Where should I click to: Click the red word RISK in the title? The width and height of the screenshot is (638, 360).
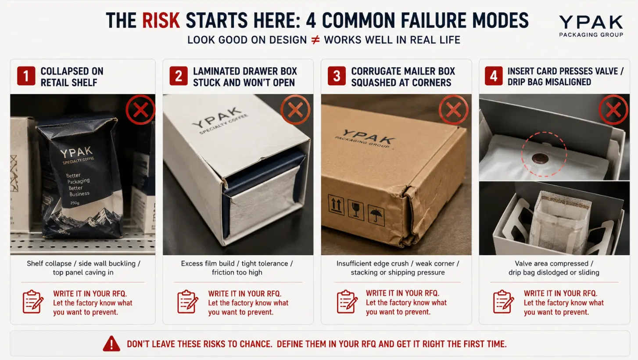161,21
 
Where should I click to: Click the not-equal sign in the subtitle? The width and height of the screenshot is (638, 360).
315,40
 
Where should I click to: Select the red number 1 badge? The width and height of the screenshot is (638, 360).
26,76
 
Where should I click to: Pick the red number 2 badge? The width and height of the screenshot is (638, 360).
179,76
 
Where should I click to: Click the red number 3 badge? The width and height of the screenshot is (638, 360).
337,76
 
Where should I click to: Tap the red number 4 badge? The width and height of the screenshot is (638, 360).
494,76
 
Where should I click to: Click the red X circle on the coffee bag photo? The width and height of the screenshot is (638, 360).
140,110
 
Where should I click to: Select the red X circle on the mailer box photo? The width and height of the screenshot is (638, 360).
453,110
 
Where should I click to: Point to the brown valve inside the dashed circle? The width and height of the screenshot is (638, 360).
540,158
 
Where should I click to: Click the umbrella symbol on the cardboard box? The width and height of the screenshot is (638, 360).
376,215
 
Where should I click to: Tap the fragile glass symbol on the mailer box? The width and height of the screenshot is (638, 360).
356,210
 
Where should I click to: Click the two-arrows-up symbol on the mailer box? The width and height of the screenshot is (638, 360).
336,205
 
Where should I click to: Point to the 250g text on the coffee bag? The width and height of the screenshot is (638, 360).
75,203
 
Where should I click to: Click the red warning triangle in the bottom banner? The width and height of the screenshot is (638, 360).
111,343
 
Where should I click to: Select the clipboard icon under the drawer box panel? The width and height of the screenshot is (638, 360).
187,302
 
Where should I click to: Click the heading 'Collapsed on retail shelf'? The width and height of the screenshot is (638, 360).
72,77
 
